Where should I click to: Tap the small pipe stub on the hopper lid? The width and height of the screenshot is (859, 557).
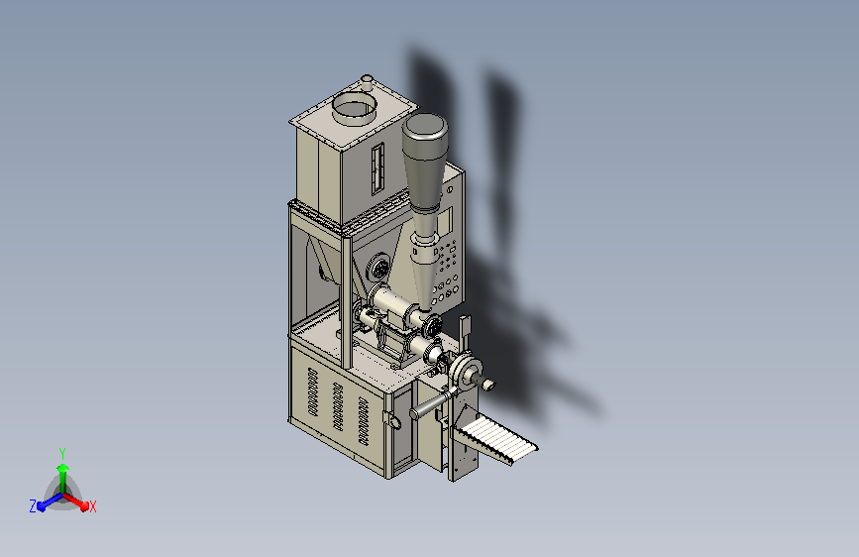click(367, 83)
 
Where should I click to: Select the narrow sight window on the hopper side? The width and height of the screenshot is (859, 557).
click(377, 168)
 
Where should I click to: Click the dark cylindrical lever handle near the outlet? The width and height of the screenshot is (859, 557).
click(431, 404)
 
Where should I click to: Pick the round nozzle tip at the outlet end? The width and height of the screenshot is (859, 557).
click(488, 385)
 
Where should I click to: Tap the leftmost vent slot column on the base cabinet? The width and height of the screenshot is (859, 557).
click(313, 390)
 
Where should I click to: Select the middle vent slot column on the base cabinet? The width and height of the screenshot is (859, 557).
click(338, 405)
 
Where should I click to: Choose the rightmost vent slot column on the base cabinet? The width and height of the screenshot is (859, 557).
click(364, 420)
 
